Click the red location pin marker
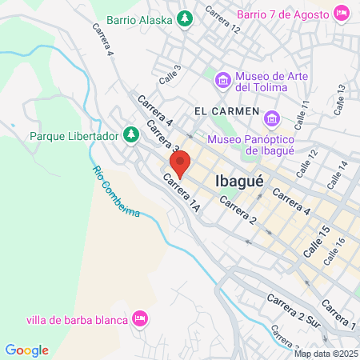[x=179, y=162]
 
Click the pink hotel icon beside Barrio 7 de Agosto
[x=341, y=12]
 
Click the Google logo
[x=26, y=350]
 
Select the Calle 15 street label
[x=316, y=241]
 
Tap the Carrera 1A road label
[x=182, y=194]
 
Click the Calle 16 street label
[x=334, y=251]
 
